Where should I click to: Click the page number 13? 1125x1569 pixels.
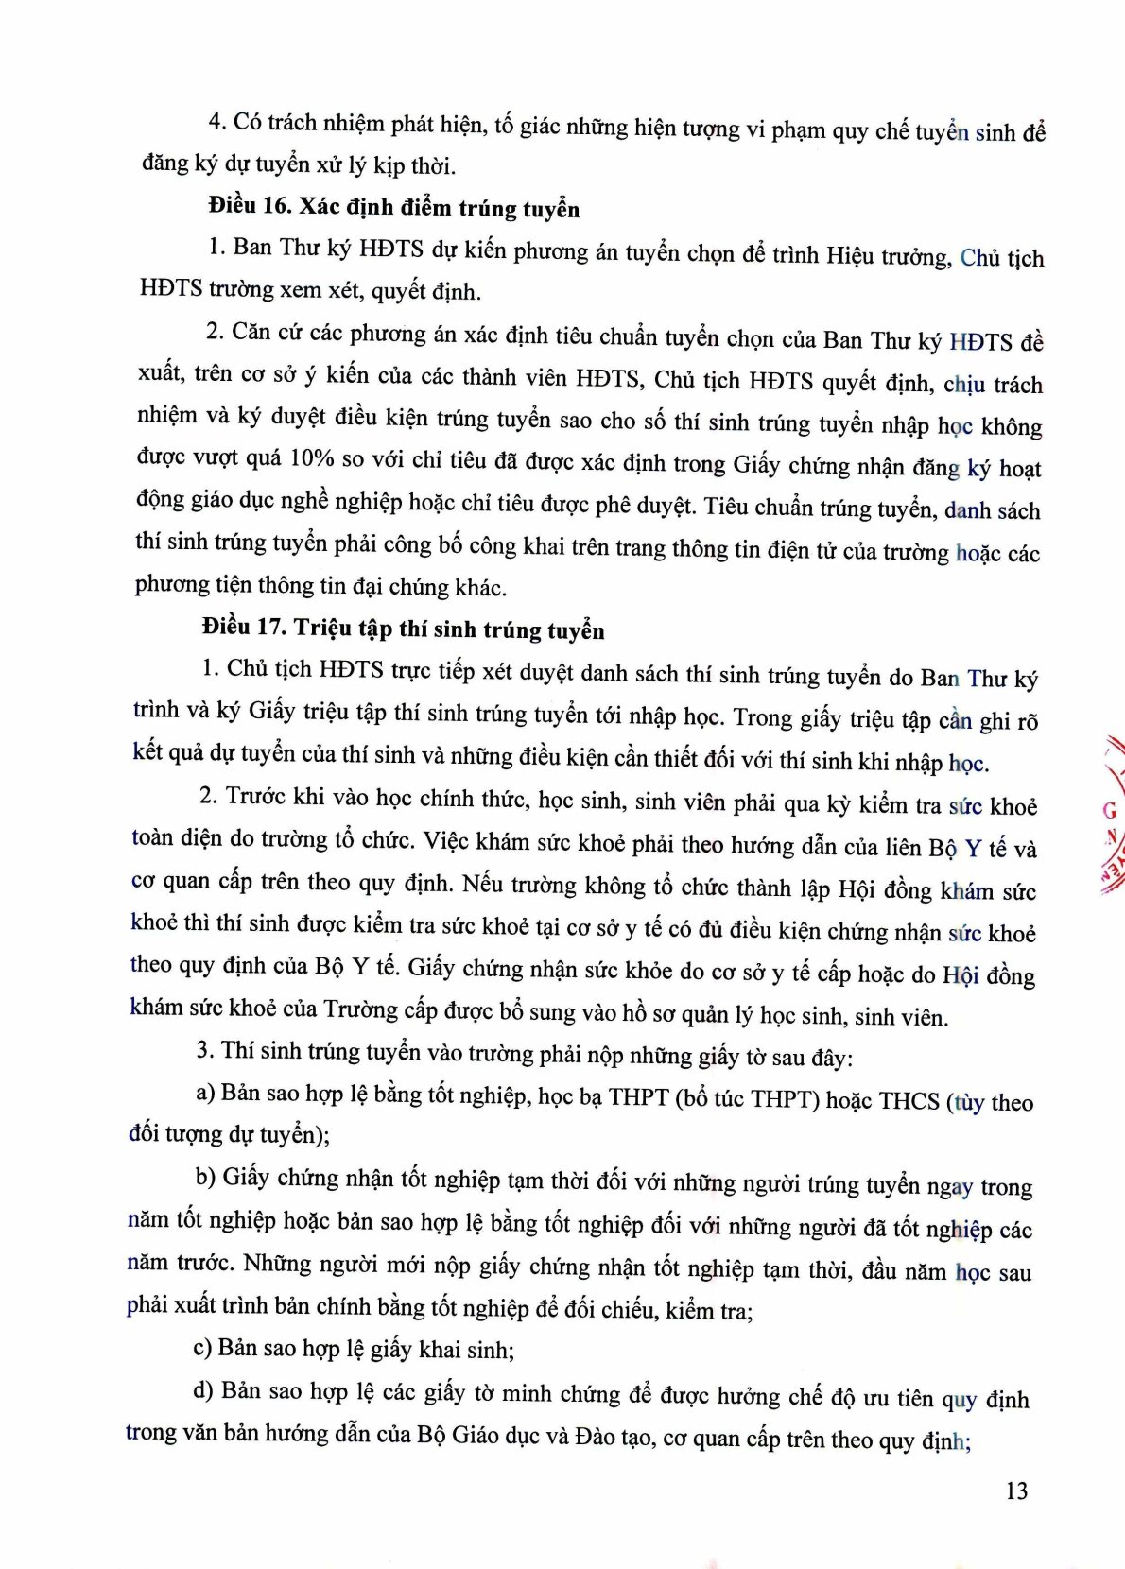[x=1016, y=1491]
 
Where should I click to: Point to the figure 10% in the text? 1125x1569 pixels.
[x=312, y=458]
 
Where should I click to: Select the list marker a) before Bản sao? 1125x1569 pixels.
[x=205, y=1094]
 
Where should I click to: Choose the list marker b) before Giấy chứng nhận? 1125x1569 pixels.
[x=205, y=1177]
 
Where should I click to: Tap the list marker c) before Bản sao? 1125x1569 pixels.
[x=202, y=1347]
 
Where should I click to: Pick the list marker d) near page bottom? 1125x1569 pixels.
[x=203, y=1390]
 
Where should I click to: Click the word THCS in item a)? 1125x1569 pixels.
[x=909, y=1101]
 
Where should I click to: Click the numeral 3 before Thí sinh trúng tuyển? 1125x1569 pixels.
[x=203, y=1051]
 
